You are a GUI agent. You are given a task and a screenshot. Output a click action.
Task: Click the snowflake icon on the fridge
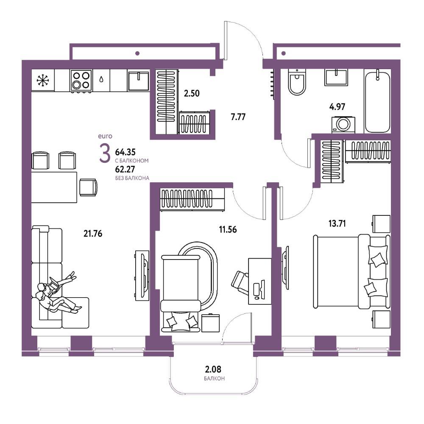click(x=43, y=81)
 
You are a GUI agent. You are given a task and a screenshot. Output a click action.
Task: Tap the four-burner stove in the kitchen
click(x=81, y=80)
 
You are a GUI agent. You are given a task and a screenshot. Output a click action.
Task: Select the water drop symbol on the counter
click(x=101, y=79)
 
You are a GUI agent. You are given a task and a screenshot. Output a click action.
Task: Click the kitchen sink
click(x=138, y=81)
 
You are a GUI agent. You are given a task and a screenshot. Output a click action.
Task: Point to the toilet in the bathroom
click(x=297, y=82)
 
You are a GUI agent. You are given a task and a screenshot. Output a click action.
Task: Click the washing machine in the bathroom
click(x=343, y=125)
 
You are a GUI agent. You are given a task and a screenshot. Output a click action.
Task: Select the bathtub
click(x=377, y=101)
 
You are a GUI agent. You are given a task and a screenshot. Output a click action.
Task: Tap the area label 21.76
click(x=93, y=233)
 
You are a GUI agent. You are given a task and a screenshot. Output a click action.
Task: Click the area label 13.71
click(x=337, y=223)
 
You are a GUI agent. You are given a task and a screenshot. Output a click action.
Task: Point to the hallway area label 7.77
click(x=238, y=117)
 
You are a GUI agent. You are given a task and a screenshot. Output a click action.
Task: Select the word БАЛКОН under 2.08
click(x=214, y=378)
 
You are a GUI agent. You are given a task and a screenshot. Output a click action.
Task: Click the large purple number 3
click(x=105, y=153)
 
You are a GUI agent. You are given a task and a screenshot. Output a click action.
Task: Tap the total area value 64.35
click(x=125, y=152)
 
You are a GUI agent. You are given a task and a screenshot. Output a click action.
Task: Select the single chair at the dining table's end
click(x=88, y=187)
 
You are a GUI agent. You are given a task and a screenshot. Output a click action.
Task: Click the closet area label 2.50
click(x=192, y=94)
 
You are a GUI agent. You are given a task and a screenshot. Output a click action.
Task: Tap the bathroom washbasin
click(x=336, y=77)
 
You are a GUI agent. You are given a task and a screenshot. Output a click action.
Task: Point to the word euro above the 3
click(x=105, y=136)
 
